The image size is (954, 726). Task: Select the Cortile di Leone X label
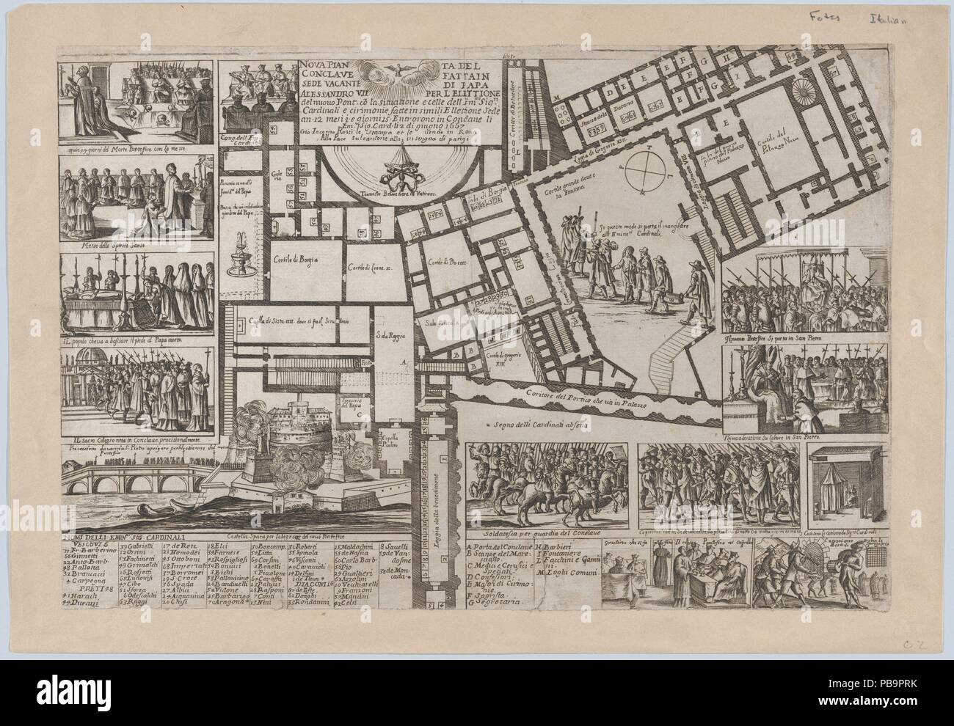tap(371, 267)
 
